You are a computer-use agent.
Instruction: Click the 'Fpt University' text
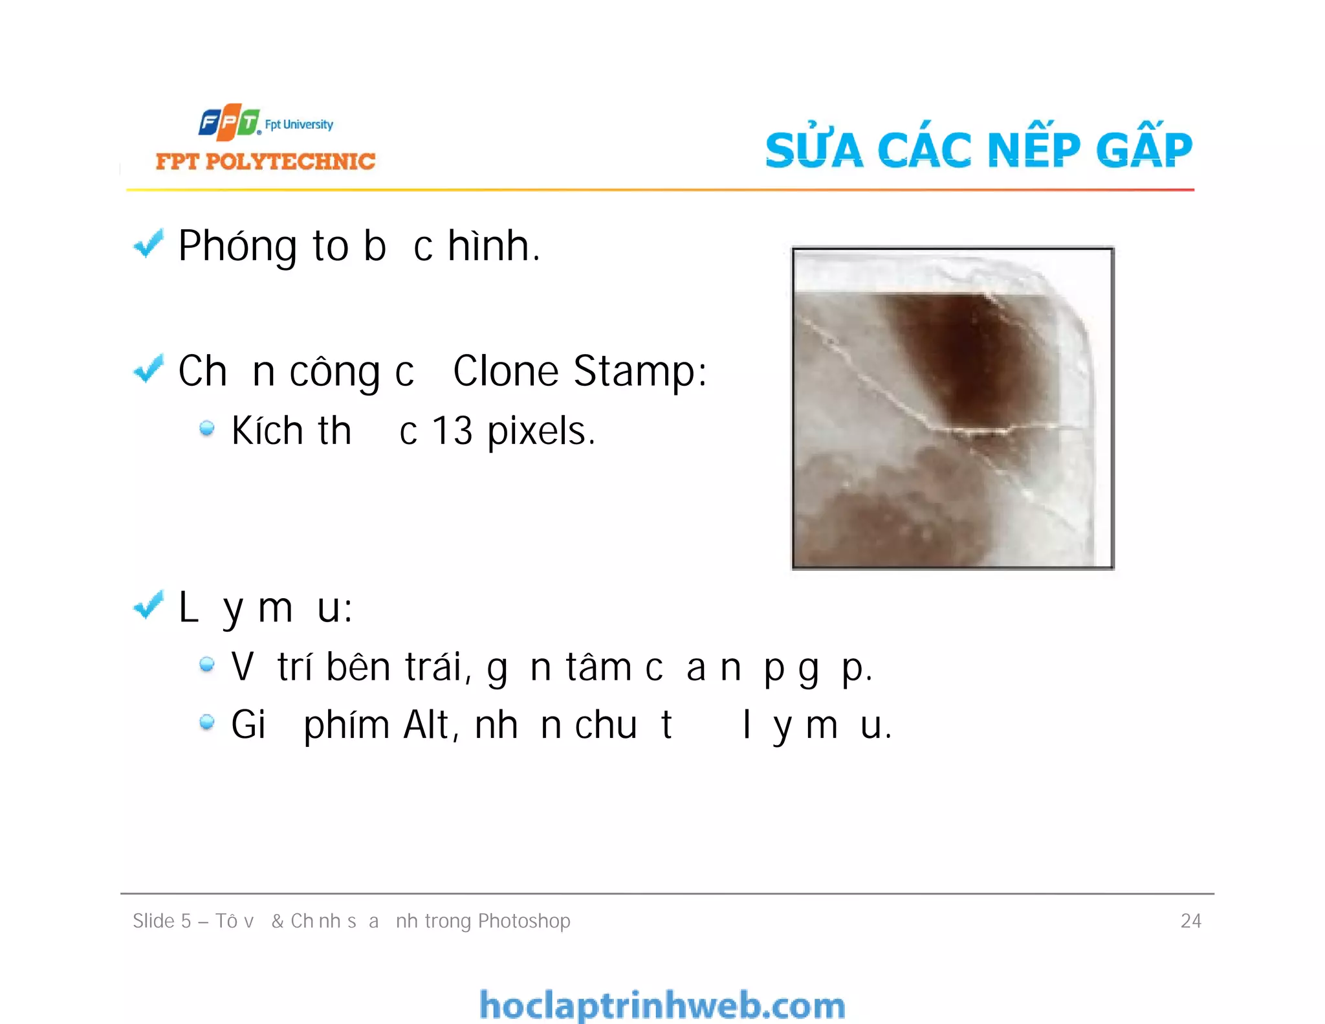(x=299, y=124)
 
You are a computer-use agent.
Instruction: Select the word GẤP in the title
(x=1143, y=149)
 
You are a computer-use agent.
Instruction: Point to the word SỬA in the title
(x=814, y=149)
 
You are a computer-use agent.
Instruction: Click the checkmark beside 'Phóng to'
(x=148, y=244)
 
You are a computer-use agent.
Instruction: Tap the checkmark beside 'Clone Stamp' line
(x=148, y=369)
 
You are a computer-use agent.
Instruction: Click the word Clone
(x=505, y=372)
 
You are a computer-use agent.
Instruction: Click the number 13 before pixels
(x=452, y=431)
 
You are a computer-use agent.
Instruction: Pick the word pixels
(x=540, y=432)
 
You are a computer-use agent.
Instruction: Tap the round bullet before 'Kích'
(x=206, y=428)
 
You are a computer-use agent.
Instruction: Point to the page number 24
(x=1190, y=920)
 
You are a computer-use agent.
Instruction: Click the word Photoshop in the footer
(x=523, y=921)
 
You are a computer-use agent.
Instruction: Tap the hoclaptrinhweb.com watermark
(x=662, y=1005)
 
